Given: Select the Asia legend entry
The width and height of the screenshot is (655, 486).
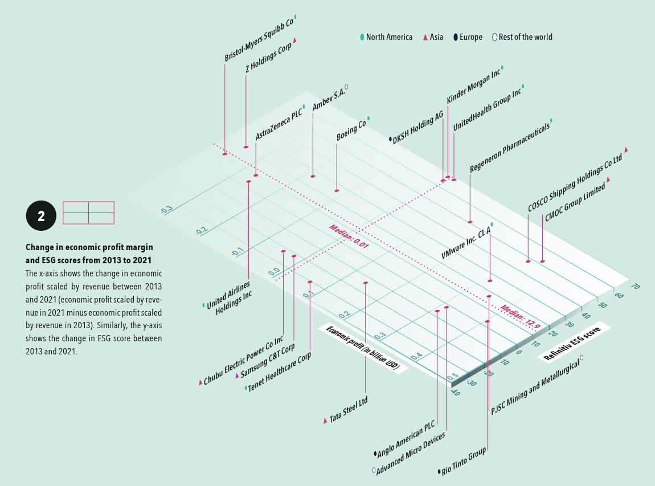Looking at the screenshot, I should click(433, 37).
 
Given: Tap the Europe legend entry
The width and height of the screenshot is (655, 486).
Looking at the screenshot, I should click(468, 37).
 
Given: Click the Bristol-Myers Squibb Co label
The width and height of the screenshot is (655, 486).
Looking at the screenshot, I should click(259, 39).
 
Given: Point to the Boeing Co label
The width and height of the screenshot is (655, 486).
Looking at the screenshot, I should click(351, 130).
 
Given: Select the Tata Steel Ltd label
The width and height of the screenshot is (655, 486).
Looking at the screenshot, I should click(348, 410).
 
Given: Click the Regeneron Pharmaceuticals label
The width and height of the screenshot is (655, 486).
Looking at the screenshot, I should click(509, 146).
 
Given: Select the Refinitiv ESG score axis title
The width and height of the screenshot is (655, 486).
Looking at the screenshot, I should click(575, 344).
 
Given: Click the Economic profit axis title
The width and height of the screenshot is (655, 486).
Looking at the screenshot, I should click(363, 348).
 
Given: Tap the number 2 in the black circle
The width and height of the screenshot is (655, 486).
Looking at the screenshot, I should click(41, 216).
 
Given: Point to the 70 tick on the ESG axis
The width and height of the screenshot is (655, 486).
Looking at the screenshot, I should click(635, 287).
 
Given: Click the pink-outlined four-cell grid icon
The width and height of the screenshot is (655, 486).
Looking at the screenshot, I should click(88, 213).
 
